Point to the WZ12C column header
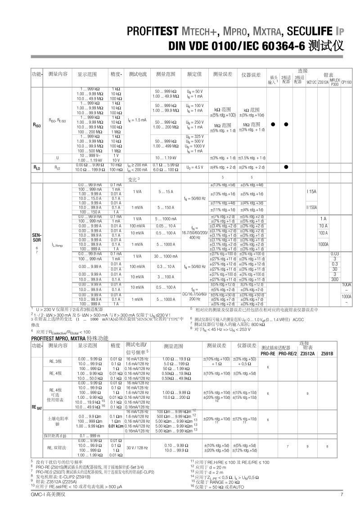click(x=311, y=82)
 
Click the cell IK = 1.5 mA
click(x=137, y=120)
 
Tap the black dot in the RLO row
click(x=286, y=168)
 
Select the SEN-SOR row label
click(x=37, y=237)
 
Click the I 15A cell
click(x=312, y=192)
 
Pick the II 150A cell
click(x=312, y=207)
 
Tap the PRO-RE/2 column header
click(x=288, y=354)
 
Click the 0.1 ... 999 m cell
click(x=92, y=436)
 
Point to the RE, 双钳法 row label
click(x=57, y=447)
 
